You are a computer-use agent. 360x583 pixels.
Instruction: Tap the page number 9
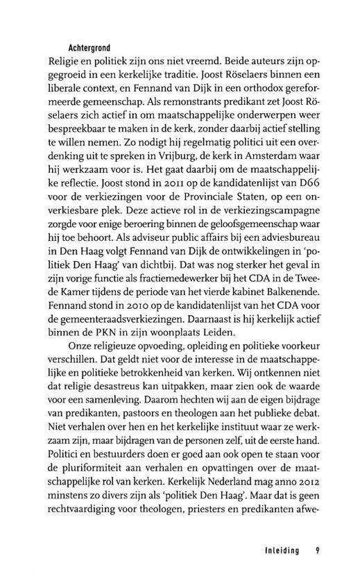pos(316,552)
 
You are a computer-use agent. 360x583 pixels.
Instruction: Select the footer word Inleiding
pos(276,552)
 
